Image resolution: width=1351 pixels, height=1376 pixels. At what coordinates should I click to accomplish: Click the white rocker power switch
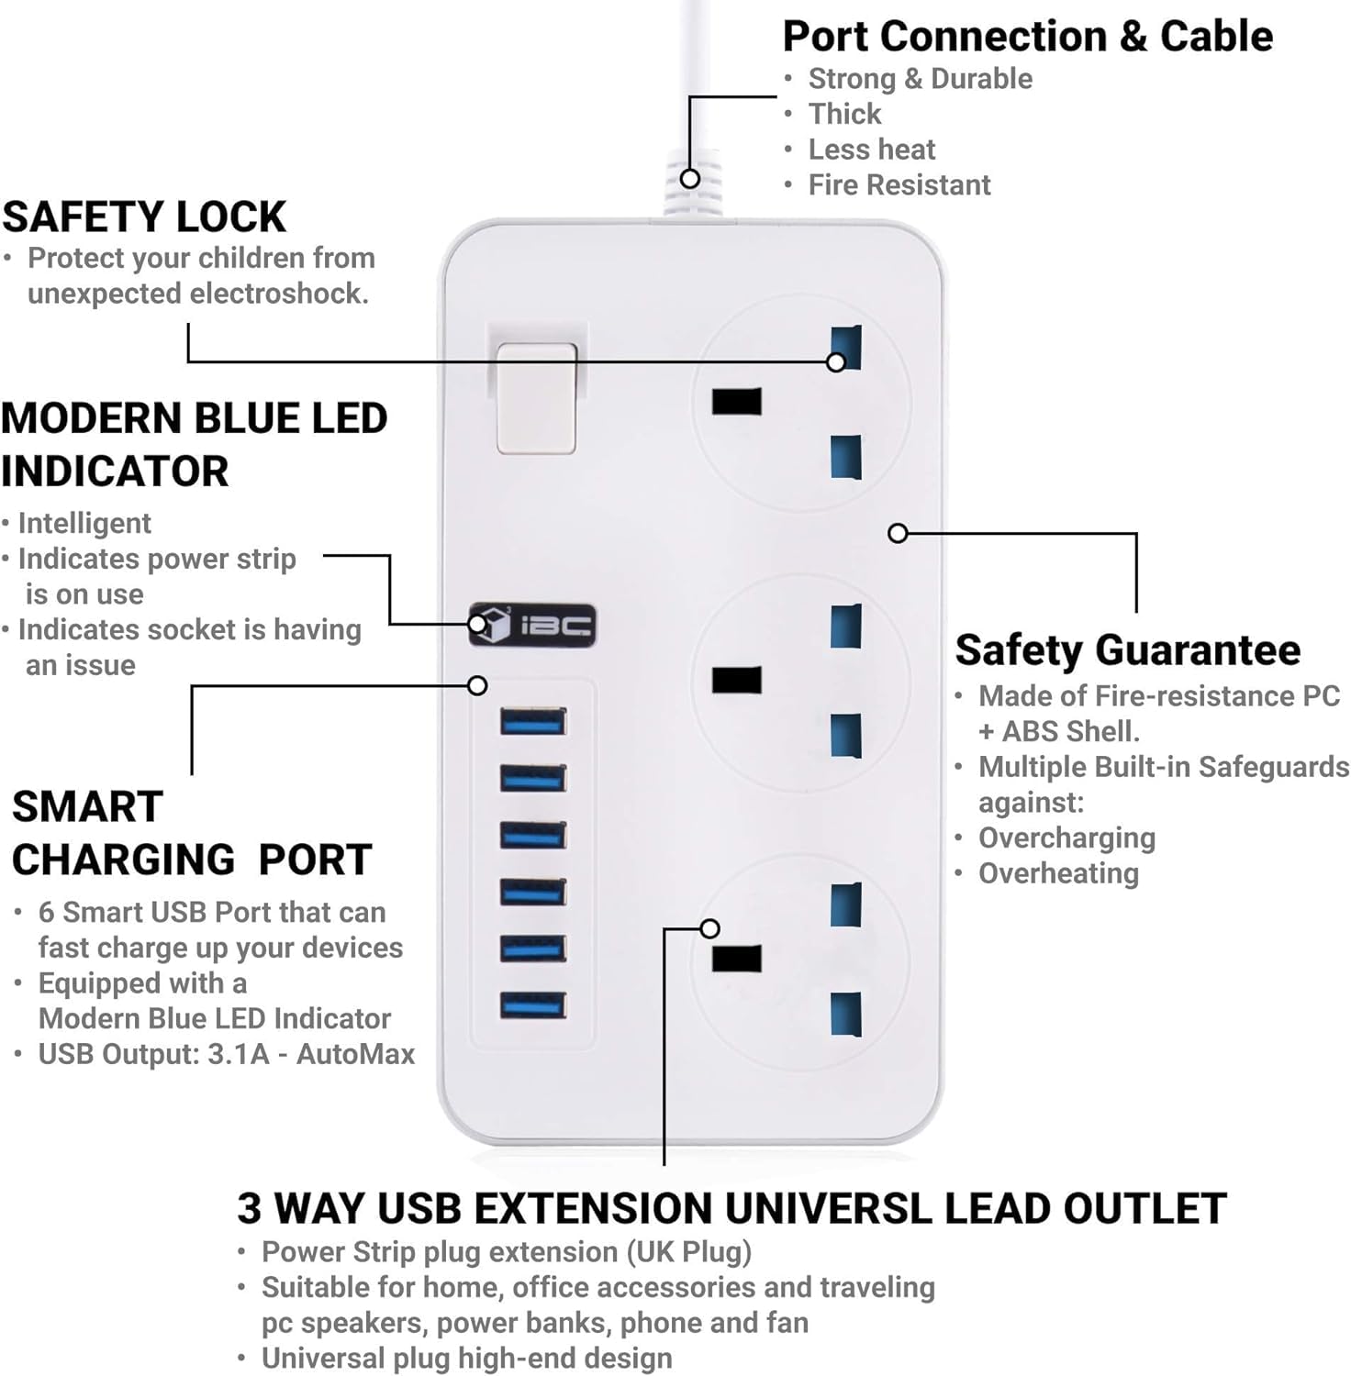pos(536,397)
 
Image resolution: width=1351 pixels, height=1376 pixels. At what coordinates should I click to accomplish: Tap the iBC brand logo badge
pos(532,626)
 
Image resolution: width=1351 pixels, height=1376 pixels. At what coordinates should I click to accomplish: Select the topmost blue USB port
pos(533,722)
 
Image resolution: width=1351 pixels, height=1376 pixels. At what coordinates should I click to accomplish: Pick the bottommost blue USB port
pos(533,1005)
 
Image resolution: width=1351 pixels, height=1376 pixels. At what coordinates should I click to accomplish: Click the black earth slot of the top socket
pos(737,402)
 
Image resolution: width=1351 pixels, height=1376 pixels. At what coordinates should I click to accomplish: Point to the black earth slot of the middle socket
pos(737,681)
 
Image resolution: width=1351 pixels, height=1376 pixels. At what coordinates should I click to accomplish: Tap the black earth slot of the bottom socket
pos(737,959)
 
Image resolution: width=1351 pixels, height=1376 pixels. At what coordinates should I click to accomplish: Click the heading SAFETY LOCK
pos(144,217)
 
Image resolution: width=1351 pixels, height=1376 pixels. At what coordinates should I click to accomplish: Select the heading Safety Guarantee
pos(1128,650)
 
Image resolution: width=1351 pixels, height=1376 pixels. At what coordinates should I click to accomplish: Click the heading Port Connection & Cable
pos(1028,37)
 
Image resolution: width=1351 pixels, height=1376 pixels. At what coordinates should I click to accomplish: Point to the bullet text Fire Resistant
pos(899,185)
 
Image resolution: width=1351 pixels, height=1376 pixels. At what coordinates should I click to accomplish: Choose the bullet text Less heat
pos(872,150)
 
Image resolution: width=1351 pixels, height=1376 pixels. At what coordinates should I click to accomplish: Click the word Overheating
pos(1058,874)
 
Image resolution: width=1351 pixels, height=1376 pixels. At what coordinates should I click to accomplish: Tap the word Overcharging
pos(1066,838)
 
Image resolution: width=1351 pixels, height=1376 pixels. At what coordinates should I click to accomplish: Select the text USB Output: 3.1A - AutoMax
pos(227,1054)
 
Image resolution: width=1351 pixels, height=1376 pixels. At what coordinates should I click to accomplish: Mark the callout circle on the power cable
pos(690,178)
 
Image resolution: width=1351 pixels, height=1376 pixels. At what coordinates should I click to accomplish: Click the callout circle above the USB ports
pos(477,685)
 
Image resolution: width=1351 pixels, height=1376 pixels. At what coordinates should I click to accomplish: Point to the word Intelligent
pos(84,524)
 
